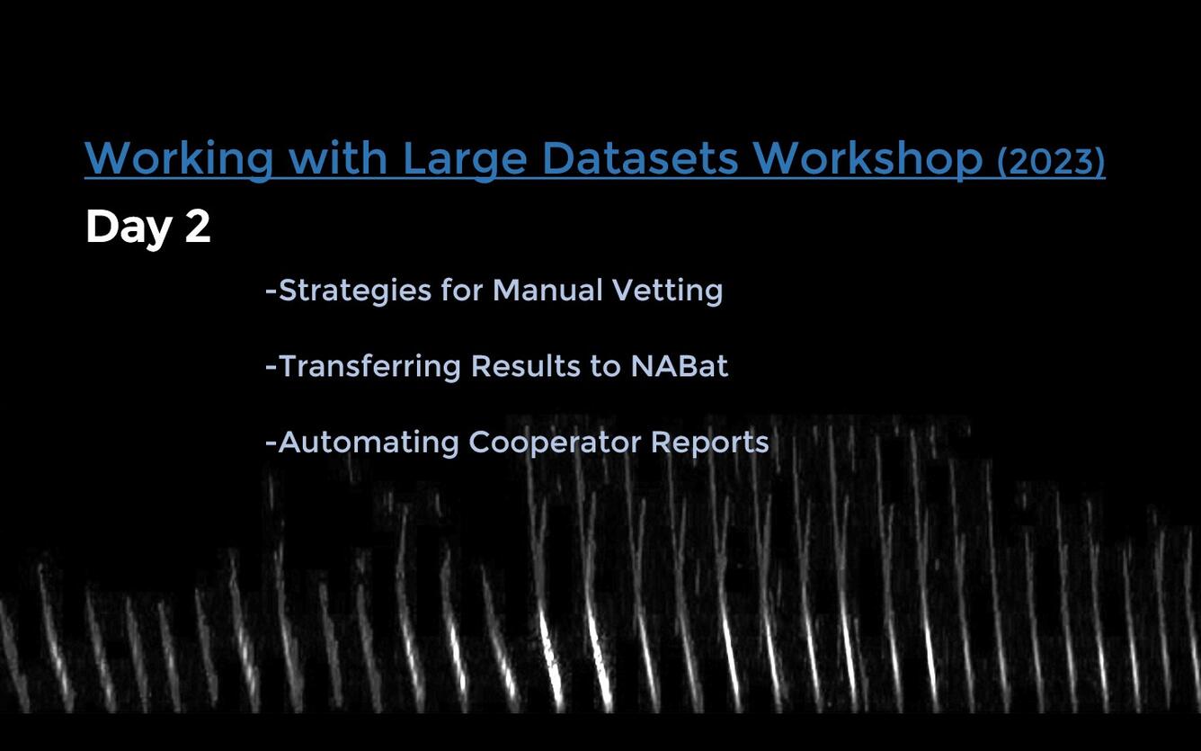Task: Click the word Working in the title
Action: coord(178,159)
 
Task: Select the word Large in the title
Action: coord(464,159)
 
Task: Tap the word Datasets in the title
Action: coord(639,158)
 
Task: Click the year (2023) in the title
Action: coord(1050,161)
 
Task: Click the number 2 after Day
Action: coord(198,227)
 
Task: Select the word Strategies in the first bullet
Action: coord(356,291)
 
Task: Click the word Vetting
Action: coord(667,291)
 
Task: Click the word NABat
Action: coord(679,366)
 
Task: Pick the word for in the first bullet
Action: coord(462,291)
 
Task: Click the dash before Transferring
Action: coord(271,367)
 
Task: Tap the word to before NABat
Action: coord(604,366)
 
